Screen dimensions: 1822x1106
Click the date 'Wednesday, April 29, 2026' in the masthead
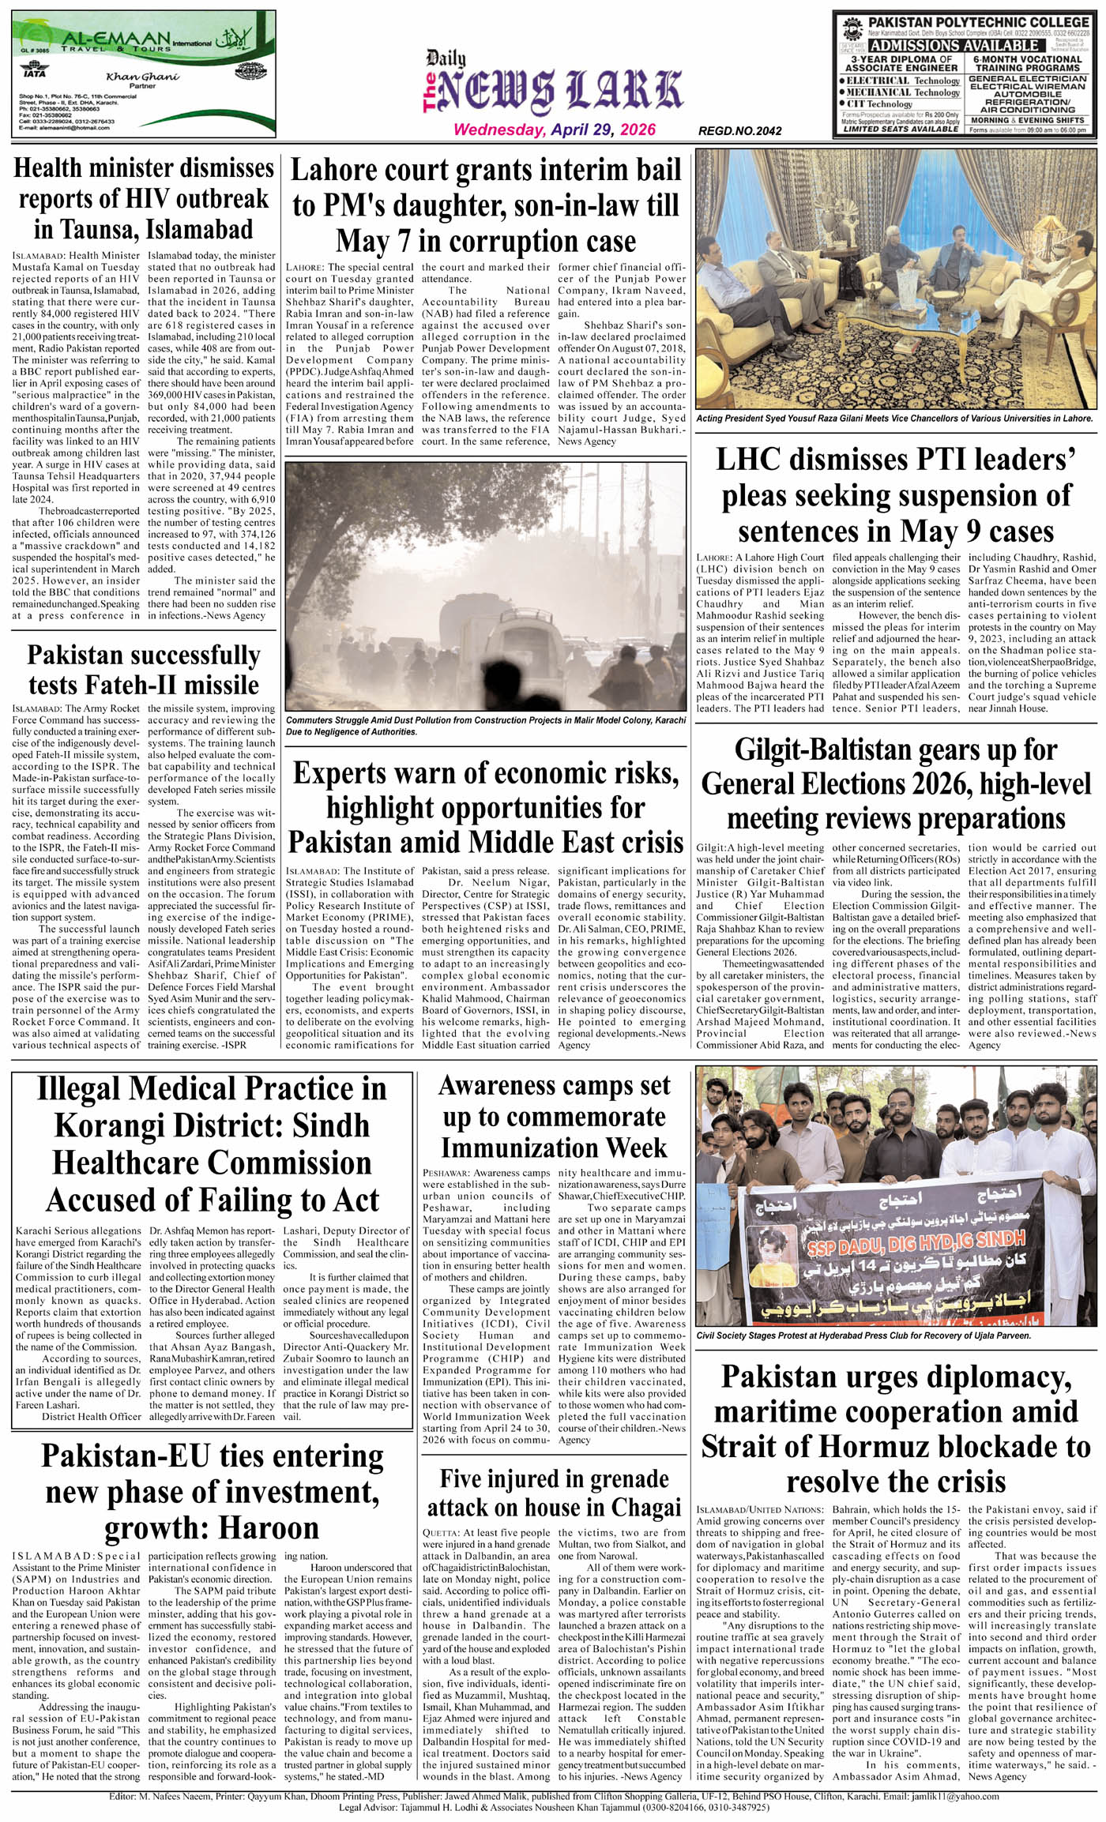pyautogui.click(x=554, y=130)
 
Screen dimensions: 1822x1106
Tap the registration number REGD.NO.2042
pyautogui.click(x=739, y=131)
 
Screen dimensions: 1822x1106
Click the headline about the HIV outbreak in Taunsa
pyautogui.click(x=144, y=198)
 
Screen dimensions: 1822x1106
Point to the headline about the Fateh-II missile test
pyautogui.click(x=144, y=670)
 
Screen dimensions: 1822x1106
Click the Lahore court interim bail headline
pyautogui.click(x=486, y=205)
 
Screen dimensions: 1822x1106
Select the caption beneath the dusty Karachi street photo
pyautogui.click(x=486, y=726)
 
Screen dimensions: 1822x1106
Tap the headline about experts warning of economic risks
pyautogui.click(x=486, y=808)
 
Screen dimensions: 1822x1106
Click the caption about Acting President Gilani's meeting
pyautogui.click(x=894, y=419)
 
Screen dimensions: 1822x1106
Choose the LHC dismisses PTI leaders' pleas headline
pyautogui.click(x=896, y=495)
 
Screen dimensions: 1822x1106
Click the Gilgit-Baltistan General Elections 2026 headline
pyautogui.click(x=896, y=783)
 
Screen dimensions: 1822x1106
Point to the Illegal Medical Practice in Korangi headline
pyautogui.click(x=212, y=1144)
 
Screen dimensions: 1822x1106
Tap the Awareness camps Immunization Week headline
pyautogui.click(x=554, y=1117)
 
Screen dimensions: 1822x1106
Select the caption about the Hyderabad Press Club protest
pyautogui.click(x=863, y=1336)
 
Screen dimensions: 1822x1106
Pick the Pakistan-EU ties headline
pyautogui.click(x=212, y=1492)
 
